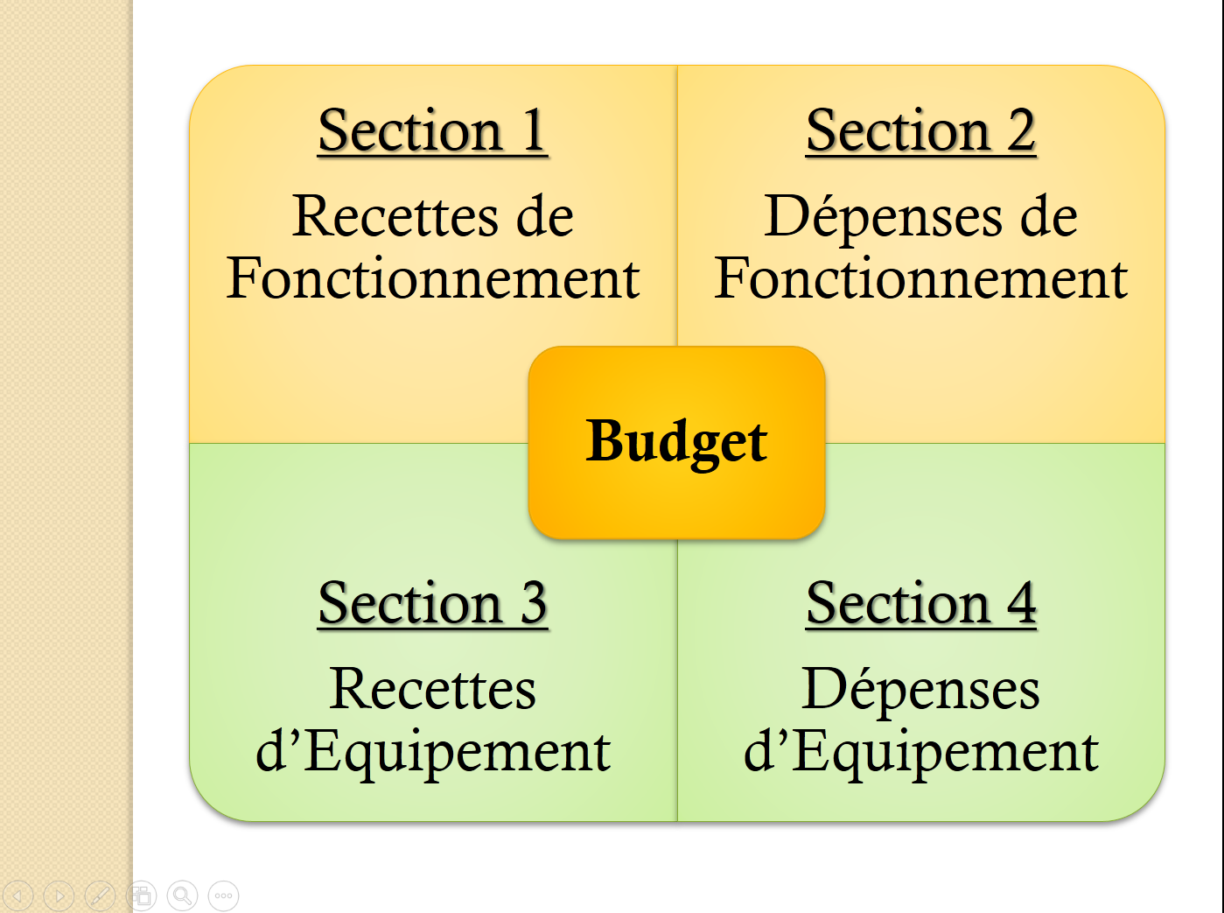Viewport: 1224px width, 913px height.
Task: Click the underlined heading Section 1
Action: (x=432, y=131)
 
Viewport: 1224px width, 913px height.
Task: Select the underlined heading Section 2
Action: (x=920, y=131)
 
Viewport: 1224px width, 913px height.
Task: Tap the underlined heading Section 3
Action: (x=432, y=604)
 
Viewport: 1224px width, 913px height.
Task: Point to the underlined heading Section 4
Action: (x=920, y=604)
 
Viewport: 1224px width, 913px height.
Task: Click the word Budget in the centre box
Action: (x=676, y=442)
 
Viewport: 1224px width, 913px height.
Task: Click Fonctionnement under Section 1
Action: (x=433, y=279)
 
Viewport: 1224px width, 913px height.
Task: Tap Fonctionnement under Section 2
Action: (x=920, y=279)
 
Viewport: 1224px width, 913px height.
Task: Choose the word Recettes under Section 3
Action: (x=433, y=689)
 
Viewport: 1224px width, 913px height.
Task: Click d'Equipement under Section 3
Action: (x=433, y=752)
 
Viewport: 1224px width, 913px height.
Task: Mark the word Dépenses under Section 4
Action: (x=920, y=691)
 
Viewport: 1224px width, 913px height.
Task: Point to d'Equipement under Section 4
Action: (x=920, y=752)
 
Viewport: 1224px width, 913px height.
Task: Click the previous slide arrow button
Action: (x=18, y=895)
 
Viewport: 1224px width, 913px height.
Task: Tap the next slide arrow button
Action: (x=59, y=895)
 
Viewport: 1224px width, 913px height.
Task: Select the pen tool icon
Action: (x=100, y=895)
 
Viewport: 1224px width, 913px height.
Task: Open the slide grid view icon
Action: (x=141, y=895)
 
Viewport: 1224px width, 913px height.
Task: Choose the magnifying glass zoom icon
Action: (x=182, y=895)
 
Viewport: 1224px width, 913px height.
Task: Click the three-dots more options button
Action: (x=223, y=895)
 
